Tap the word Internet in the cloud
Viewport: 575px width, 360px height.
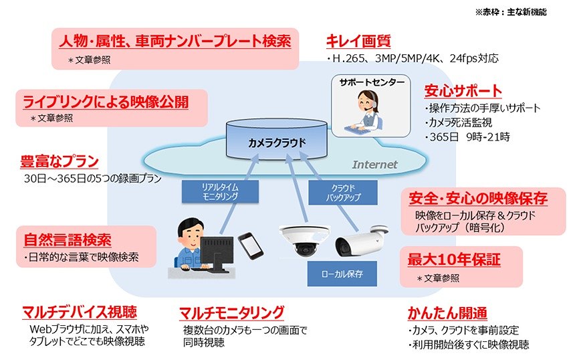coord(374,164)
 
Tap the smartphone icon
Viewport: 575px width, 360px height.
coord(250,245)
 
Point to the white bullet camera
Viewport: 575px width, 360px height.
coord(358,239)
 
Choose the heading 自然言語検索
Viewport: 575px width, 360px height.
coord(68,240)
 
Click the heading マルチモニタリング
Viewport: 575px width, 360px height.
coord(231,312)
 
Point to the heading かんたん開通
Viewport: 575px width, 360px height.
coord(447,312)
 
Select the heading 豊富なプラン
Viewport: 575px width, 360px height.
coord(60,162)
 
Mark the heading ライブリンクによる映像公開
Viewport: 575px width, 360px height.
coord(106,102)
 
